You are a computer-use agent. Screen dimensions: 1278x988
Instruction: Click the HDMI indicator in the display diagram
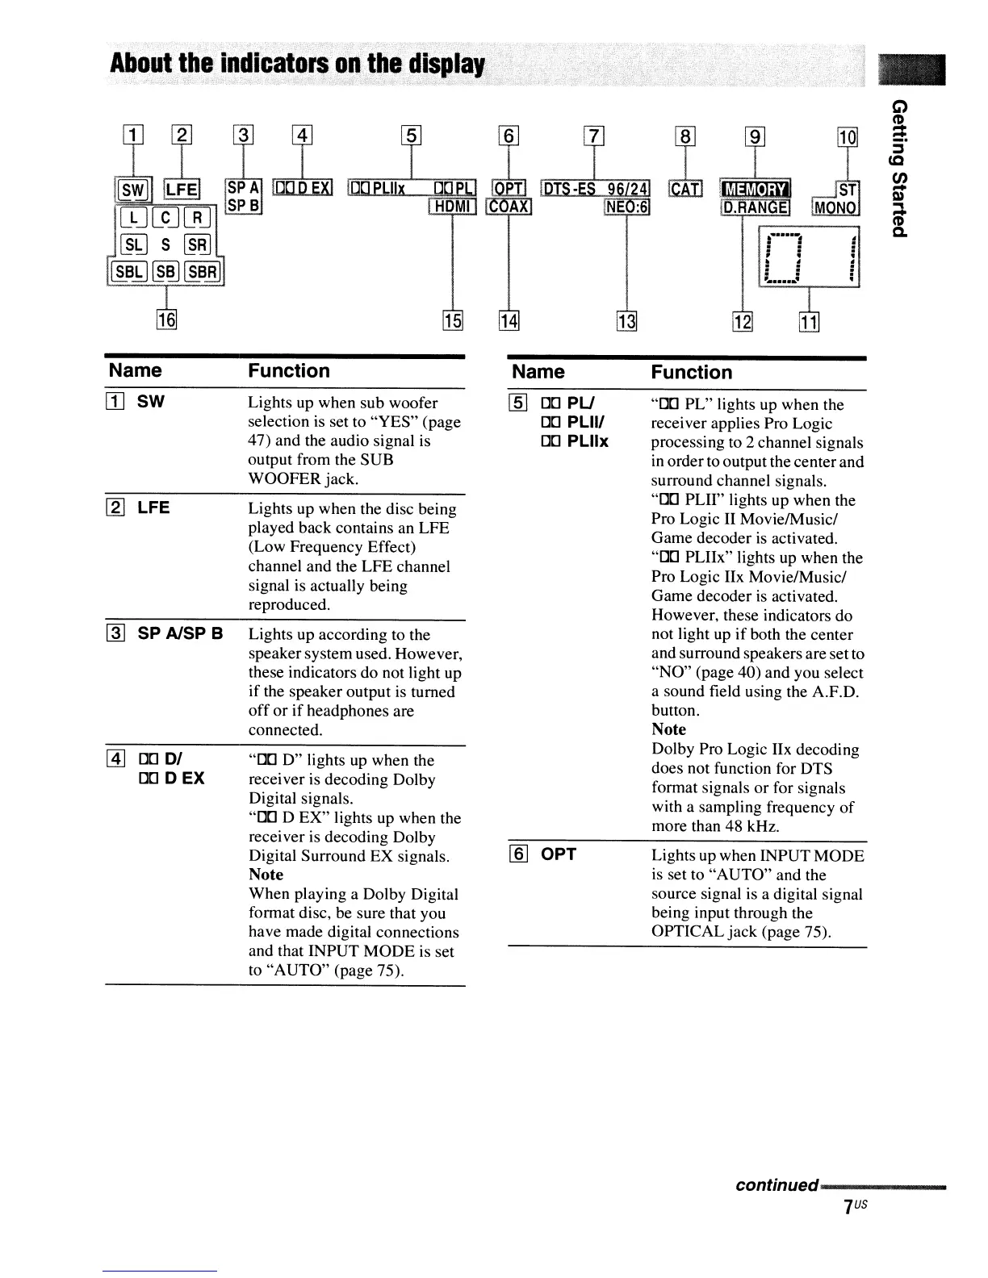[455, 207]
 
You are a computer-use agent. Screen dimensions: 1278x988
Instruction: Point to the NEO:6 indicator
[627, 207]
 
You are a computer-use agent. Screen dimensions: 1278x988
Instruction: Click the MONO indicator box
[837, 207]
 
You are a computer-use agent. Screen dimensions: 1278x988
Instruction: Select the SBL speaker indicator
[127, 272]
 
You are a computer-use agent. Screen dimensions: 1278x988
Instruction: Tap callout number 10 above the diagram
[848, 137]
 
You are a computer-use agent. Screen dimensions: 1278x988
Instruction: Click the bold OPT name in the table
[559, 854]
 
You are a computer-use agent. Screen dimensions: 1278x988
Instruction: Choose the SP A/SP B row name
[180, 633]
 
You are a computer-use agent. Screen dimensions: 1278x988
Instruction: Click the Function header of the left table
[289, 371]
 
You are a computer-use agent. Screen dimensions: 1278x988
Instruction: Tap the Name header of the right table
[538, 372]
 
